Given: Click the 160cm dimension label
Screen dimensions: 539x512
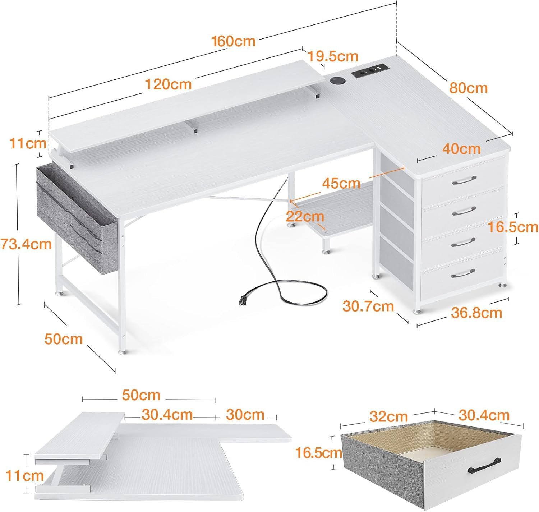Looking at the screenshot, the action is click(233, 41).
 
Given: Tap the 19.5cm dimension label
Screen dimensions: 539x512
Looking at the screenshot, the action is click(333, 56).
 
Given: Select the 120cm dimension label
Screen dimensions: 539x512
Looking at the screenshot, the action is click(168, 84).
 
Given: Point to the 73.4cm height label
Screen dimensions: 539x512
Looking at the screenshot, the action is click(26, 244).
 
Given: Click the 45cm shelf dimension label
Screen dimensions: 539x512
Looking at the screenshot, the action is click(341, 183).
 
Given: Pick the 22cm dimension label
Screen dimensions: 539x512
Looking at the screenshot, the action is click(305, 217).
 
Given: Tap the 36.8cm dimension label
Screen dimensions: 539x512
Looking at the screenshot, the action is click(476, 313).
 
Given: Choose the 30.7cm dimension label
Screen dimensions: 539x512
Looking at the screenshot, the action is click(368, 306).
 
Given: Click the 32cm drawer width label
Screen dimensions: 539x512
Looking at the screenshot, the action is click(388, 416).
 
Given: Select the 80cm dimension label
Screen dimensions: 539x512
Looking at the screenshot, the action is click(469, 88).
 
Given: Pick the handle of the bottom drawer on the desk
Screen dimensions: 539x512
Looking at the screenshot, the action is click(463, 273).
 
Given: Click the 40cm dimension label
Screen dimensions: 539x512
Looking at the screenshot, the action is click(461, 149).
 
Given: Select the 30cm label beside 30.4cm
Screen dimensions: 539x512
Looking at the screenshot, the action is click(245, 415).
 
